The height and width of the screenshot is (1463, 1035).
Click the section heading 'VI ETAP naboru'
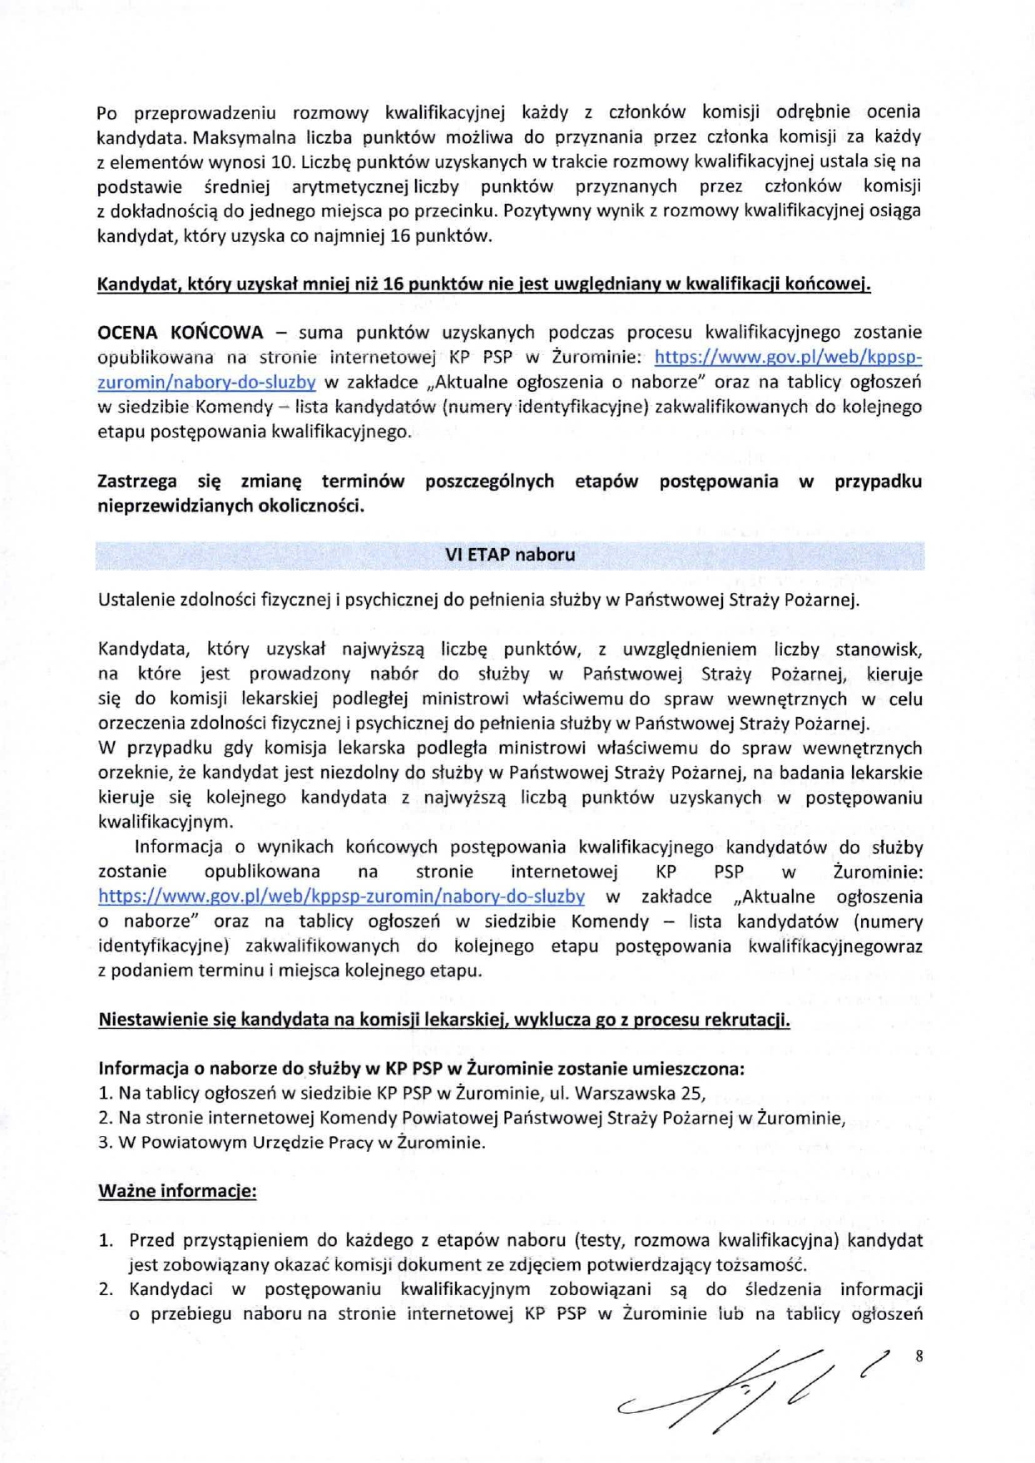[x=509, y=555]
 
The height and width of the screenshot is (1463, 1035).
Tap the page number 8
[x=919, y=1356]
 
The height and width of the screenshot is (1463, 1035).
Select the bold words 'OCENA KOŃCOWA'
[x=181, y=333]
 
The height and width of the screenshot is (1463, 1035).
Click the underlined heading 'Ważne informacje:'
[x=177, y=1191]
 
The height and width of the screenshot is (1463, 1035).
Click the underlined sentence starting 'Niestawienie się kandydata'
[x=443, y=1020]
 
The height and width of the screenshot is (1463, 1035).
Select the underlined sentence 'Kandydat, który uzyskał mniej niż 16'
[x=483, y=284]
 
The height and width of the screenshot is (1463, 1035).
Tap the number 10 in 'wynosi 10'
[x=285, y=161]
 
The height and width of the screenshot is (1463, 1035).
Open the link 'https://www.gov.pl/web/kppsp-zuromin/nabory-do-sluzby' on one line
[x=341, y=897]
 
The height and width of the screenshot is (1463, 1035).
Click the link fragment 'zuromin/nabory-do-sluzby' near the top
[x=206, y=383]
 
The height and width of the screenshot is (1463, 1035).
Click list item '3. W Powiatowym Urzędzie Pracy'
[x=291, y=1142]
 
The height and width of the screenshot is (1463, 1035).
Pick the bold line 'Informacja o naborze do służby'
[x=421, y=1069]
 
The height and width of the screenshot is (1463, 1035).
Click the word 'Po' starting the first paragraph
[x=106, y=112]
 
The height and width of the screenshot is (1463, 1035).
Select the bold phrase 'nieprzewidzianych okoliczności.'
[x=230, y=506]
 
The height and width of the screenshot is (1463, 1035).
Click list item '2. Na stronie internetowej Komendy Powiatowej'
[x=471, y=1118]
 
